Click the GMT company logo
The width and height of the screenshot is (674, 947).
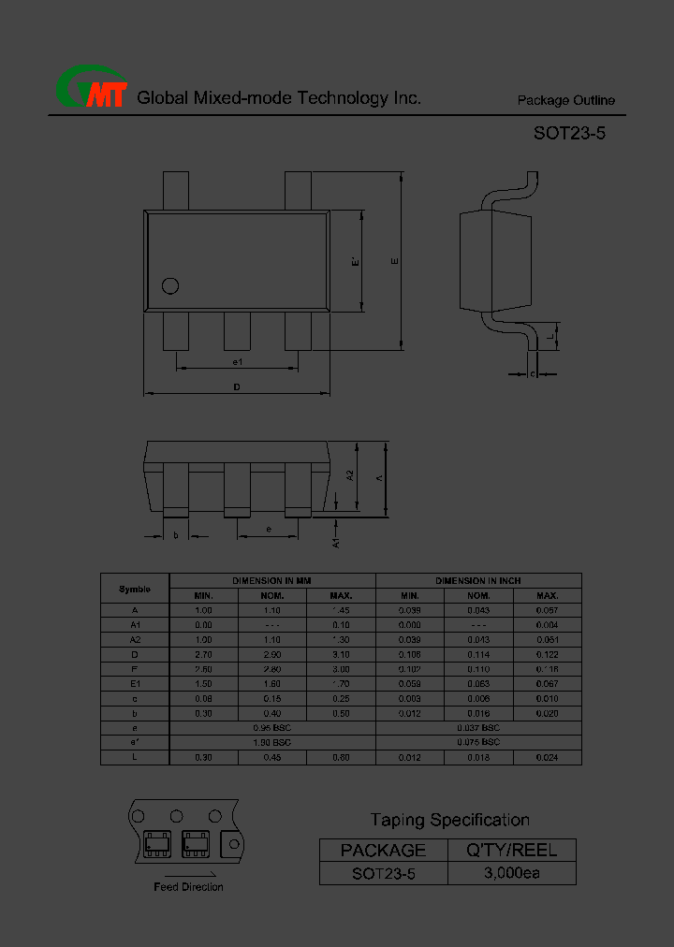click(91, 91)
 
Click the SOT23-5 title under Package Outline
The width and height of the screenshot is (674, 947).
click(569, 133)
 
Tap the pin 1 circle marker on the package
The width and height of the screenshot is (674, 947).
click(170, 286)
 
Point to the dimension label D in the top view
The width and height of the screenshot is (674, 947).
click(237, 386)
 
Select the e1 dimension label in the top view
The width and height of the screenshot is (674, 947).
click(237, 361)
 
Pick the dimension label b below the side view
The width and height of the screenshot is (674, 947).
click(176, 535)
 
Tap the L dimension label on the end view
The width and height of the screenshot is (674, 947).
click(551, 336)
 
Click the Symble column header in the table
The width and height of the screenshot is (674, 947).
click(135, 589)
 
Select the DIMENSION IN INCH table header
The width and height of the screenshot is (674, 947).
click(478, 581)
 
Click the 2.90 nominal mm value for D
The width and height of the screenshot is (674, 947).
click(272, 655)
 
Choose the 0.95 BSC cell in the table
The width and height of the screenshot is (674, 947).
click(272, 727)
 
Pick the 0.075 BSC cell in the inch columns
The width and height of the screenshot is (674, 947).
click(478, 742)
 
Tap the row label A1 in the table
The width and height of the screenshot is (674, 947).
click(135, 624)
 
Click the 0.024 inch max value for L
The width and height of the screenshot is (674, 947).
click(547, 757)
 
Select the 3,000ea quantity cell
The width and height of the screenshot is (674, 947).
click(512, 874)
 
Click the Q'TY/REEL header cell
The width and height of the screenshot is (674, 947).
click(512, 850)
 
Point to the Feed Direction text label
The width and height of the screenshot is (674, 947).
click(188, 886)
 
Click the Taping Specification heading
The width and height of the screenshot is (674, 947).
click(449, 820)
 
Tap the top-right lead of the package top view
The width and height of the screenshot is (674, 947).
click(298, 192)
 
